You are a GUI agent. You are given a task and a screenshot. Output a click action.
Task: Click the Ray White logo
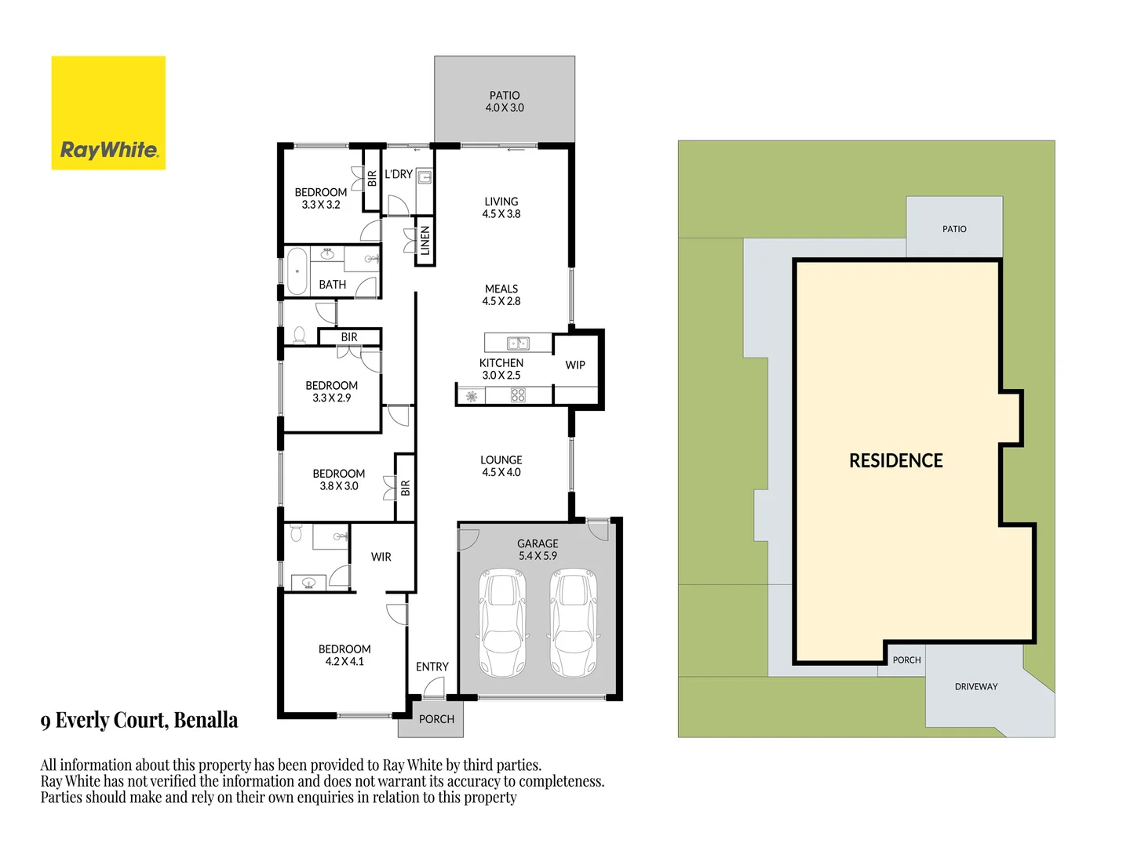click(x=108, y=113)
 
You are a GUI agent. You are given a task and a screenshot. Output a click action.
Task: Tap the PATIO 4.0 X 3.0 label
click(x=505, y=102)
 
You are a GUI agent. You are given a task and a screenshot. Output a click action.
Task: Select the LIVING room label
click(x=501, y=208)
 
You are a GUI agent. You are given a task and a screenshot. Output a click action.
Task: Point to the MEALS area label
click(x=501, y=295)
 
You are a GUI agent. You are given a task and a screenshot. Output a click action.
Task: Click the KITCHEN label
click(x=501, y=369)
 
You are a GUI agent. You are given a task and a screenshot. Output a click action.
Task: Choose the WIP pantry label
click(x=575, y=365)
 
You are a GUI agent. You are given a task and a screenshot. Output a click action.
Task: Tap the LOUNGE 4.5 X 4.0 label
click(x=501, y=466)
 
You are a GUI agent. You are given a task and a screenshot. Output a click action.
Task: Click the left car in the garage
click(x=503, y=623)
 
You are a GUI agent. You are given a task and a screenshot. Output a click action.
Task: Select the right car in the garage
click(x=574, y=623)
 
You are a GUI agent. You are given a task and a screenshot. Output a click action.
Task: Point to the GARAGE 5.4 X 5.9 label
click(x=538, y=550)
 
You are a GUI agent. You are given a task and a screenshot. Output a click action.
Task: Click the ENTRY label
click(x=432, y=667)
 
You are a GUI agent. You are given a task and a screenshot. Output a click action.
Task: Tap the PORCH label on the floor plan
click(x=436, y=719)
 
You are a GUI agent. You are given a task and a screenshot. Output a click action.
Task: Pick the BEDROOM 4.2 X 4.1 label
click(x=344, y=655)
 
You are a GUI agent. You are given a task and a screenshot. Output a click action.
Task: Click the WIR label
click(x=381, y=557)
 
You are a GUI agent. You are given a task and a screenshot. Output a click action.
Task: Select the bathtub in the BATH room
click(x=297, y=271)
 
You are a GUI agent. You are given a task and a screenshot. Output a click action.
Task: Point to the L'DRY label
click(x=399, y=174)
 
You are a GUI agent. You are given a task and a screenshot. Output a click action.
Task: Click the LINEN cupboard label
click(x=425, y=241)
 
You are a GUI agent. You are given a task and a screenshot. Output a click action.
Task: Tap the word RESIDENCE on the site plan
click(x=896, y=461)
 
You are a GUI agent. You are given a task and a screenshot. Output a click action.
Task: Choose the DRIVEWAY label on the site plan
click(x=976, y=687)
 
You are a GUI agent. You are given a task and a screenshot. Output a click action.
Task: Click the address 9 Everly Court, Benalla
click(x=139, y=720)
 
